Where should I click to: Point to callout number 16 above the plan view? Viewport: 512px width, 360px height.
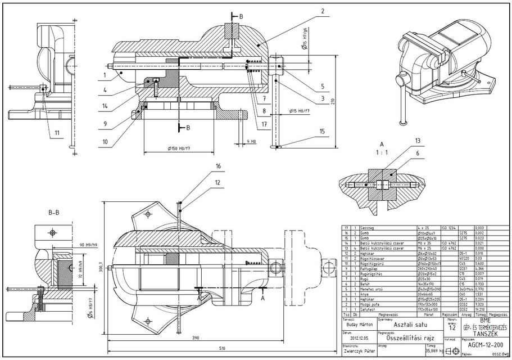pos(218,167)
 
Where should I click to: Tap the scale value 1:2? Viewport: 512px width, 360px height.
pos(451,327)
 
